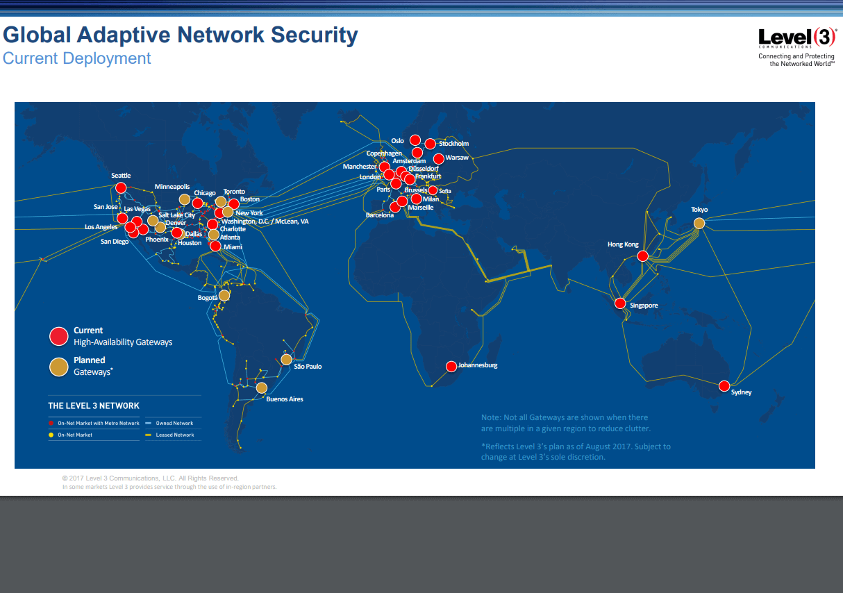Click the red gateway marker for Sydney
(724, 386)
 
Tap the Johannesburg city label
(478, 365)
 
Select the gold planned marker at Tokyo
(699, 223)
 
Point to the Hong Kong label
(623, 244)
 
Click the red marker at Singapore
(620, 303)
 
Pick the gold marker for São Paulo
(286, 360)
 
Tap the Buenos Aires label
(285, 399)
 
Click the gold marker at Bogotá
(224, 295)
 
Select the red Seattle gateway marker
(121, 187)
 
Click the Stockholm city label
(453, 144)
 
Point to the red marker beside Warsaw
(439, 158)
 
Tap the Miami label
(233, 247)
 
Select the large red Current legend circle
(59, 336)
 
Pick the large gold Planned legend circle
(59, 367)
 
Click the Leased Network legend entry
(174, 435)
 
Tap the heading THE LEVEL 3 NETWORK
(93, 406)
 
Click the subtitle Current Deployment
(76, 58)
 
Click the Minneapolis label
(172, 187)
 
